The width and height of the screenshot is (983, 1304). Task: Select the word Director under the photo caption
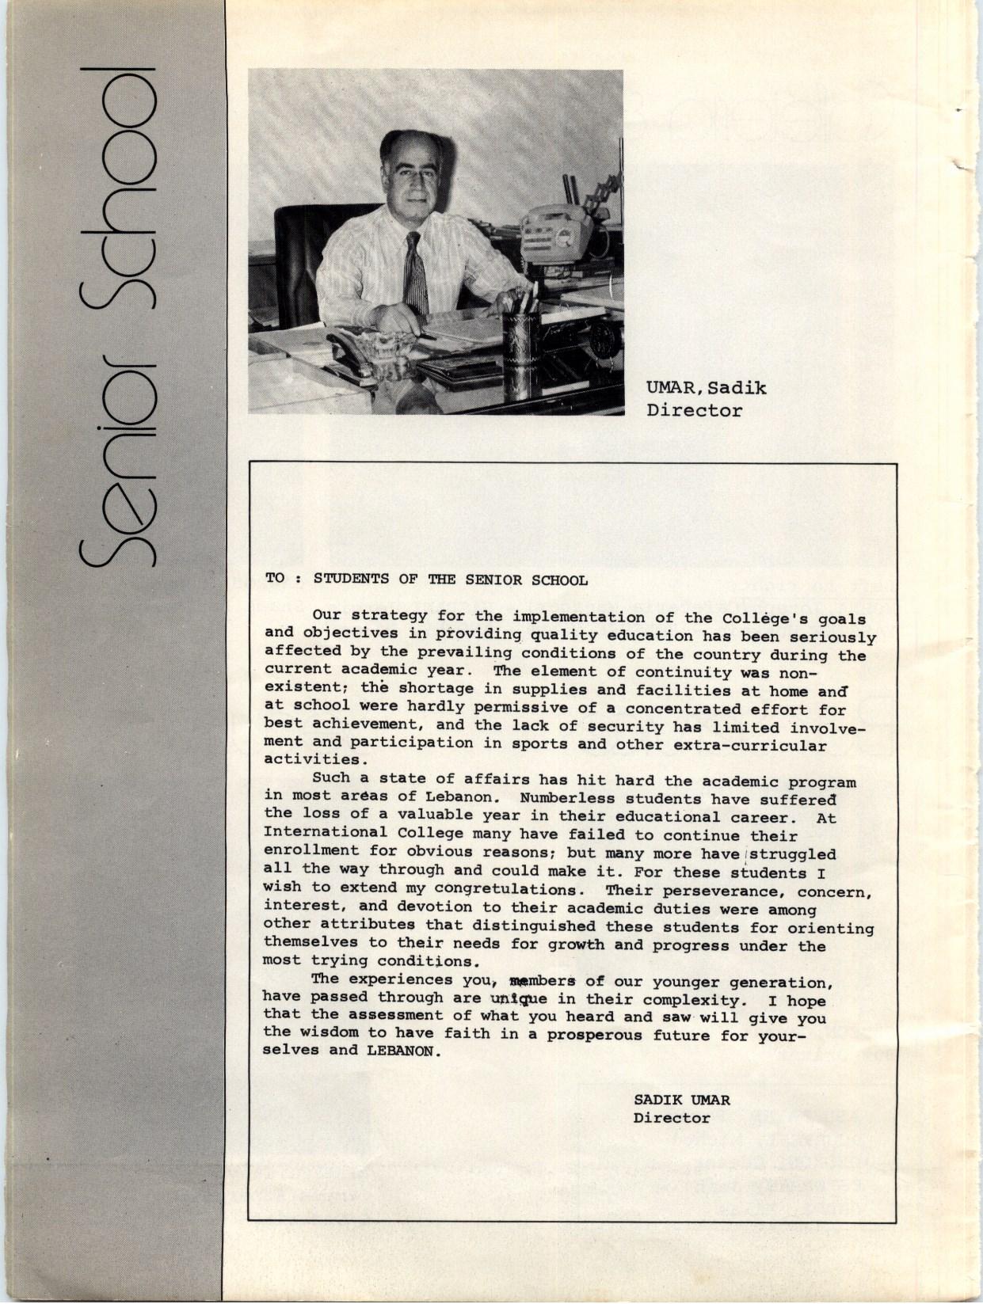(x=694, y=411)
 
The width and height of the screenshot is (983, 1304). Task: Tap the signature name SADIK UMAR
(x=681, y=1100)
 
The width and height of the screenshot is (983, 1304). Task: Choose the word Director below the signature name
(x=671, y=1118)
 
